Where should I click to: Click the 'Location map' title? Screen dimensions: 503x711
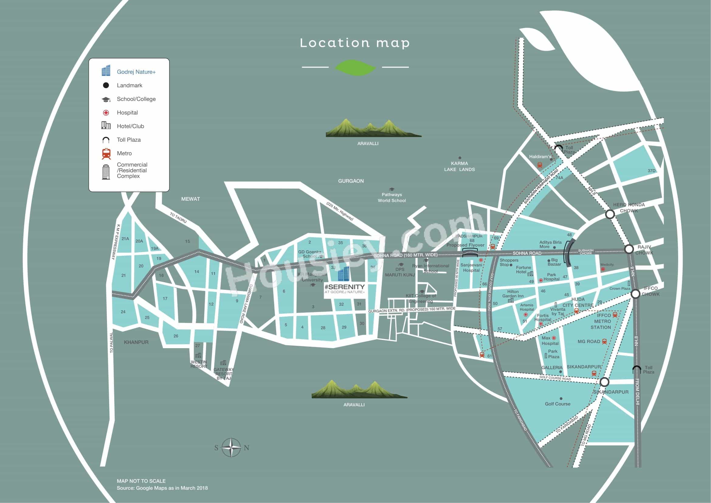355,43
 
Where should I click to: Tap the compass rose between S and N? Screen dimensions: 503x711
231,448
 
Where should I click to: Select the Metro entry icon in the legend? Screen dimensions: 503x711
106,154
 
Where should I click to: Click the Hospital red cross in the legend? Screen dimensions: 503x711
106,113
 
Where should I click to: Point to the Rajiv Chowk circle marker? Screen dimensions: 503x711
629,249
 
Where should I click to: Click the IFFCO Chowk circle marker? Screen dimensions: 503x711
635,294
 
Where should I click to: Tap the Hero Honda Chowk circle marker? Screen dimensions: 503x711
610,214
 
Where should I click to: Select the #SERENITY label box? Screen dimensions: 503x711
345,289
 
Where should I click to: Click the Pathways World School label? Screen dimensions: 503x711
392,197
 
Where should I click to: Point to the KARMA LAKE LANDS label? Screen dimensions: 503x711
459,166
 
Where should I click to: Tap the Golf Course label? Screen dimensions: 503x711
557,404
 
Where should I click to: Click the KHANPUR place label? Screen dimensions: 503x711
136,342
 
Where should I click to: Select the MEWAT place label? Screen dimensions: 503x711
191,199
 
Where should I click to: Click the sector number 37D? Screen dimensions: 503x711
651,171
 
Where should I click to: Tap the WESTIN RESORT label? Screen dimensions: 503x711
199,364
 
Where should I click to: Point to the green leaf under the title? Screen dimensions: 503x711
355,67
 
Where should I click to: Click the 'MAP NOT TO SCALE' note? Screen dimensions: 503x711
141,481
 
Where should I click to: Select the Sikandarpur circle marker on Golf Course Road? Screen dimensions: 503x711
604,382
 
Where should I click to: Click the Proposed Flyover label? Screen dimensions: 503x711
465,245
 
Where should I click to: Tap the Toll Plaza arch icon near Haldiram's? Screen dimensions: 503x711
559,149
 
